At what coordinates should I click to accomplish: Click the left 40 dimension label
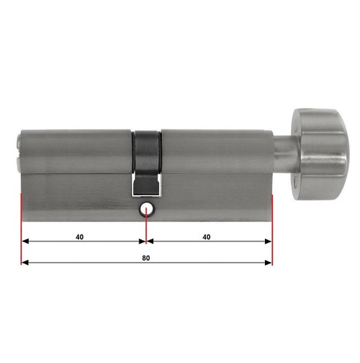point(80,237)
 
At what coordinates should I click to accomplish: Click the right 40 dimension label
point(206,237)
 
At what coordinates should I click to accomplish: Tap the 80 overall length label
point(146,258)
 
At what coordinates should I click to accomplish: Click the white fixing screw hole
point(146,210)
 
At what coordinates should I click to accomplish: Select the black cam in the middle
point(147,163)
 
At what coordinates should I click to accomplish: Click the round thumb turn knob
point(320,154)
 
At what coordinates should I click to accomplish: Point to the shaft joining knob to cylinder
point(286,154)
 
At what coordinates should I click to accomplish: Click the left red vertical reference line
point(21,229)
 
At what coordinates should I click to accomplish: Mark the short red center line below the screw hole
point(146,226)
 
